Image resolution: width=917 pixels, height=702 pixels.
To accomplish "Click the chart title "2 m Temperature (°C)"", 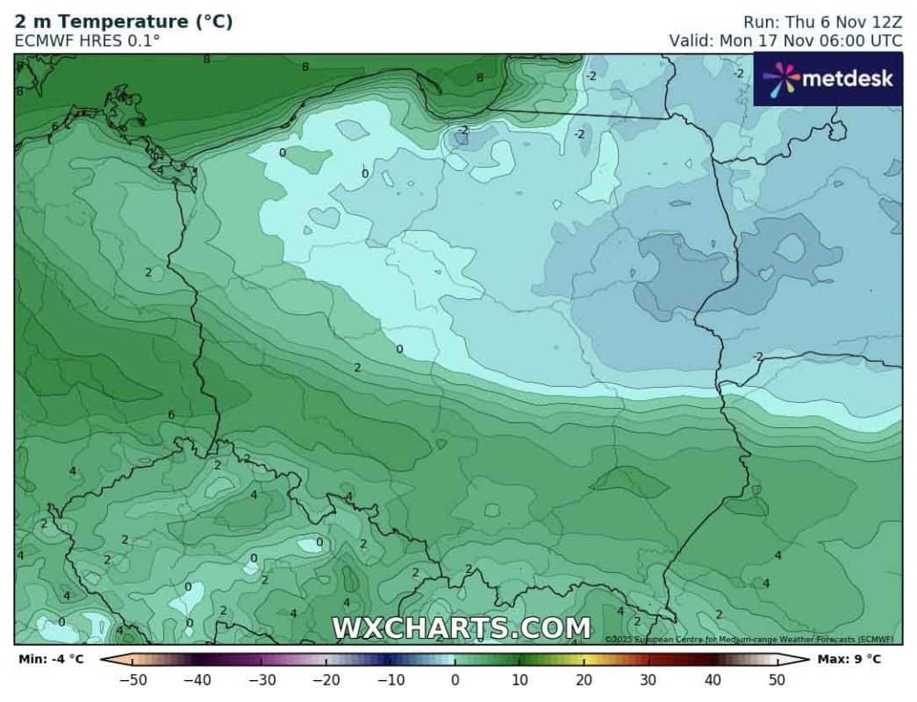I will point(124,22).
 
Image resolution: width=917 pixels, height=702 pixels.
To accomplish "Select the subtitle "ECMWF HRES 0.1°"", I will point(88,40).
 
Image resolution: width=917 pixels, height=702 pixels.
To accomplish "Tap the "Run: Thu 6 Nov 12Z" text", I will point(822,22).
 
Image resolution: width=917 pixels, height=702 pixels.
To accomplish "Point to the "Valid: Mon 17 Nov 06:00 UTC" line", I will point(785,40).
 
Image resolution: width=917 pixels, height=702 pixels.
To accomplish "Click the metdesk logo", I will point(827,79).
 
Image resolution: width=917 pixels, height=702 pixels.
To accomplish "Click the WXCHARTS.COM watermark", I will point(461,628).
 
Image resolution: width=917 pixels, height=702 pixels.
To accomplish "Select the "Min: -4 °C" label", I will point(50,659).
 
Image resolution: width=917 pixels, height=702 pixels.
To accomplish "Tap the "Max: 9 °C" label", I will point(849,659).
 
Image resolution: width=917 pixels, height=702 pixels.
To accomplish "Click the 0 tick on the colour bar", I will point(455,679).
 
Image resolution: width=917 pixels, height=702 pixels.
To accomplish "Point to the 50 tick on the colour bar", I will point(777,679).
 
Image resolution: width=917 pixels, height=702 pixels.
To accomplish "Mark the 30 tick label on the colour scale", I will point(648,679).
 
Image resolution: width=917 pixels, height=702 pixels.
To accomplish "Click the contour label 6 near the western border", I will point(172,415).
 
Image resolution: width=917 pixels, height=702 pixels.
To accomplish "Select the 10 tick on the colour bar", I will point(519,679).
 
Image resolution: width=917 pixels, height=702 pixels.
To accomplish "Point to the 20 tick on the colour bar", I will point(584,679).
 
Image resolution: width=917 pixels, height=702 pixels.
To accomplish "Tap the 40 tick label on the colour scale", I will point(713,679).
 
